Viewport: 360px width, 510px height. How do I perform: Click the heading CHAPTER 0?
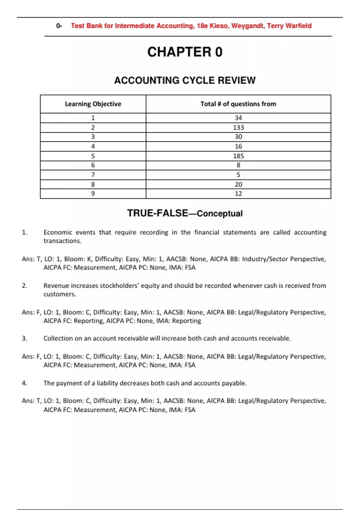click(185, 52)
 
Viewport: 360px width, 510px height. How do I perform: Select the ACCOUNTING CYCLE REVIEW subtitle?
click(185, 80)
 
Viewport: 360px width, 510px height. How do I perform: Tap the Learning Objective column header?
click(93, 104)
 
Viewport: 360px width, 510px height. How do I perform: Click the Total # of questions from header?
click(238, 104)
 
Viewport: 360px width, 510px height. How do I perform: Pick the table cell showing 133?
click(238, 127)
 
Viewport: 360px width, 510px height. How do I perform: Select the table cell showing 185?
click(238, 156)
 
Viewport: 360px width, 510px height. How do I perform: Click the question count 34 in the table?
click(238, 118)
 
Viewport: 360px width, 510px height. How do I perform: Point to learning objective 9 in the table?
click(93, 193)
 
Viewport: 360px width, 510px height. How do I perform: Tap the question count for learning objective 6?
click(238, 165)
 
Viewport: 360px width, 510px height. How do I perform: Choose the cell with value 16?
click(238, 146)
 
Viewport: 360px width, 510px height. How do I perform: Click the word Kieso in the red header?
click(219, 26)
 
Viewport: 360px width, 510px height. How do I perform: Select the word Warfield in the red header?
click(298, 26)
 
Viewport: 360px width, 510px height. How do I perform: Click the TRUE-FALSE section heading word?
click(157, 213)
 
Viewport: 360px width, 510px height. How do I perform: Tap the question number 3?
click(25, 338)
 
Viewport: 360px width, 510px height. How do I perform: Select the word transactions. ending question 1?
click(62, 241)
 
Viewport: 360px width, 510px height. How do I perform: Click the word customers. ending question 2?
click(60, 294)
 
